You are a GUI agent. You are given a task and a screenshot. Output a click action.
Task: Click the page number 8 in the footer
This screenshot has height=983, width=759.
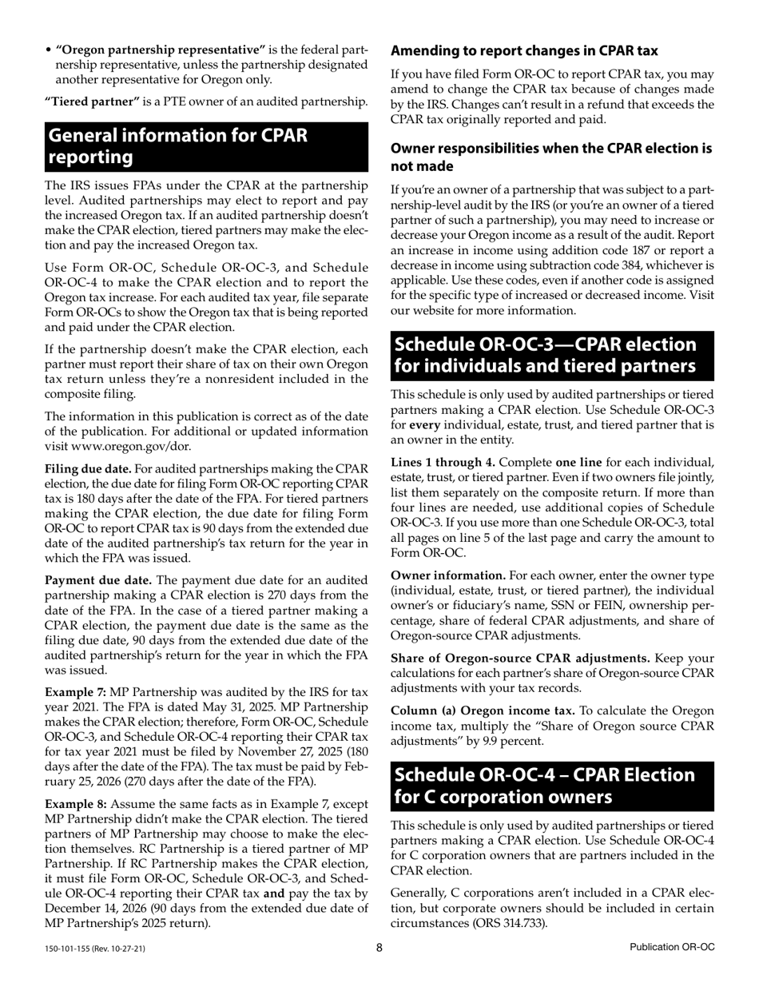[x=379, y=948]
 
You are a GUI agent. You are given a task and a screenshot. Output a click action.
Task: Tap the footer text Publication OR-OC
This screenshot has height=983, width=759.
[x=671, y=948]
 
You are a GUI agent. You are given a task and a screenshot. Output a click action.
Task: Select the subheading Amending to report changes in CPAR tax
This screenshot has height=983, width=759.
[x=524, y=51]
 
